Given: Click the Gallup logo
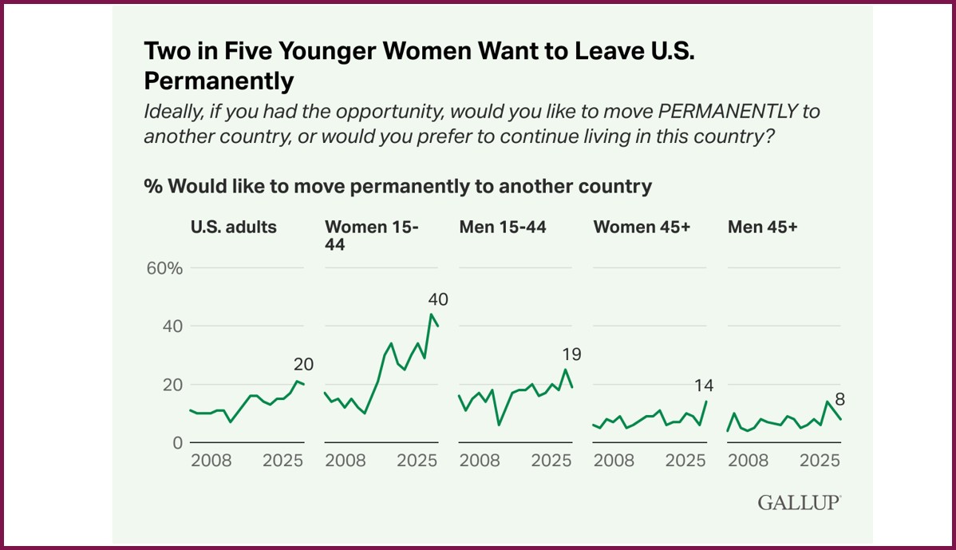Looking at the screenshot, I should coord(798,503).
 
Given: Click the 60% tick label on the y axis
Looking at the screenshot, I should coord(164,268).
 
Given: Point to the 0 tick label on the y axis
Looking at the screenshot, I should coord(177,443).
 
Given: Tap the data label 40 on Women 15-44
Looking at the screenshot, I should coord(438,300).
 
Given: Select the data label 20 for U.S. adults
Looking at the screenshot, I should coord(303,365).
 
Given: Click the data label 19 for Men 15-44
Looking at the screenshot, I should coord(571,354).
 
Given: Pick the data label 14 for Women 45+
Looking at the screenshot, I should coord(703,386).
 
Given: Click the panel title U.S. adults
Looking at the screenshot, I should coord(233,227).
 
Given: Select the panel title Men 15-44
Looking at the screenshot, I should coord(503,227).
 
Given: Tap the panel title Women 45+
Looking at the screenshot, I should coord(642,227).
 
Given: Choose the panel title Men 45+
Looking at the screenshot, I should coord(763,227).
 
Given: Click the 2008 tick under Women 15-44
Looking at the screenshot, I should coord(346,461).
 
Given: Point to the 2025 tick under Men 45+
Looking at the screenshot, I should coord(820,461).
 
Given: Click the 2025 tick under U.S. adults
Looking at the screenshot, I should coord(282,461).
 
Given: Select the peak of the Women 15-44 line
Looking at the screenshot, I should coord(431,314).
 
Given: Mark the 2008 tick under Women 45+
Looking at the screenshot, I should coord(614,461).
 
